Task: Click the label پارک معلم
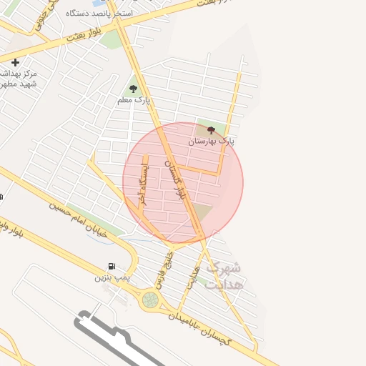134,100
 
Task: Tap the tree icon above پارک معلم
133,89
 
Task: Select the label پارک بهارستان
212,142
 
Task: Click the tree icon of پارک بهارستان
211,130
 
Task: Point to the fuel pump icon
112,267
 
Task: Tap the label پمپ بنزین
109,277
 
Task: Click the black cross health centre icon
15,63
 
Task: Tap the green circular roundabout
150,300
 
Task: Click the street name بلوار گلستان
177,179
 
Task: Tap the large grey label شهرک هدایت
224,275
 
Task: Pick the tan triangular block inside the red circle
203,212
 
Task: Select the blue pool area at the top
97,4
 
